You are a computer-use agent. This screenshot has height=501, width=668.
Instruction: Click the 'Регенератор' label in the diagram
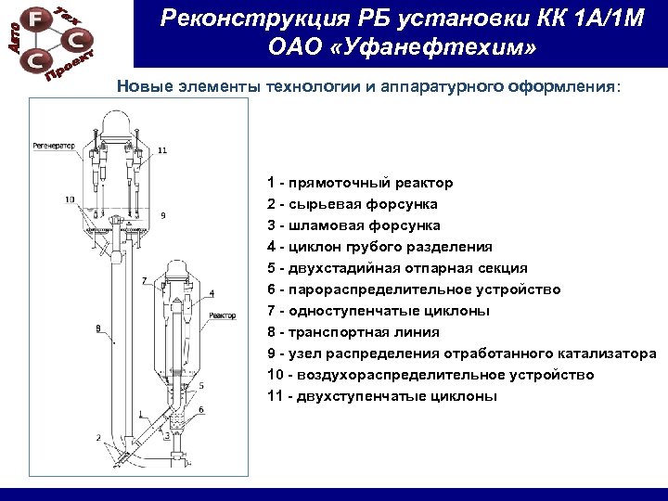click(x=54, y=146)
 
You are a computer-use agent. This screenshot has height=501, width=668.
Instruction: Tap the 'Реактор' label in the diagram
click(x=223, y=315)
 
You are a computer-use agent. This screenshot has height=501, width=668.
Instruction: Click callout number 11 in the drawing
click(x=163, y=150)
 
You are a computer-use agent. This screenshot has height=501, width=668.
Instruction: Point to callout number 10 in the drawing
click(x=71, y=199)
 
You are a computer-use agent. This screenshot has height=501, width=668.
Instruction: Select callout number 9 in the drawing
click(x=162, y=215)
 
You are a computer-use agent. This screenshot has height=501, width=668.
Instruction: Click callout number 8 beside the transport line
click(x=98, y=328)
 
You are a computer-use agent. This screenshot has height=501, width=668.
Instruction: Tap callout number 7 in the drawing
click(x=144, y=279)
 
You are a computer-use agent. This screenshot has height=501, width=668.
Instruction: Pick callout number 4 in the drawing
click(x=212, y=293)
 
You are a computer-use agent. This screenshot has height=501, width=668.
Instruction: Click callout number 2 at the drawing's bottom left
click(x=98, y=437)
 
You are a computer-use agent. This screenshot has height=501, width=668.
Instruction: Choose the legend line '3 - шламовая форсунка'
click(x=353, y=225)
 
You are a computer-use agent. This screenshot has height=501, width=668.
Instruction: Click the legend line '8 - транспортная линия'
click(x=353, y=332)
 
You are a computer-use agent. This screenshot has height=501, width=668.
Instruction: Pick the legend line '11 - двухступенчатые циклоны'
click(x=381, y=396)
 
